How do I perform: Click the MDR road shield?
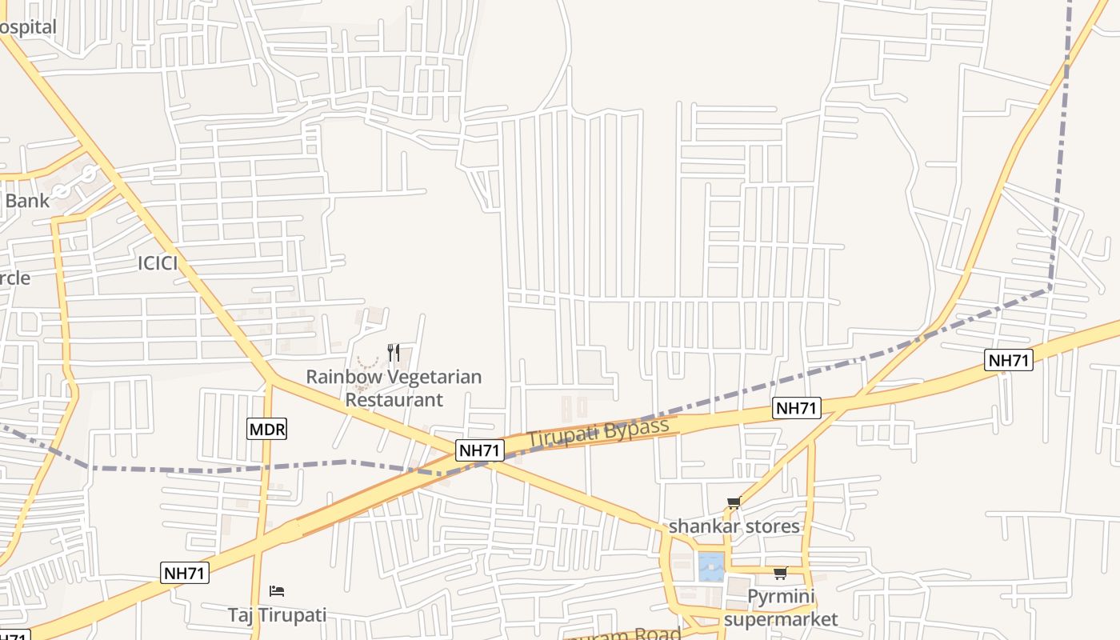click(266, 430)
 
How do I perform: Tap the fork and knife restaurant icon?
click(393, 353)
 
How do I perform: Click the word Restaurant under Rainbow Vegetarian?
click(394, 399)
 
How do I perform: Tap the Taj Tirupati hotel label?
click(277, 615)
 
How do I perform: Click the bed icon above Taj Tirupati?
click(277, 591)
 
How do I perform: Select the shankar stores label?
click(734, 526)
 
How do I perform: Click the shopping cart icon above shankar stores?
click(734, 503)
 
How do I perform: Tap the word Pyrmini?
click(780, 597)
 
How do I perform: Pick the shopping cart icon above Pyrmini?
click(780, 573)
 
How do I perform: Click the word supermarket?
click(781, 619)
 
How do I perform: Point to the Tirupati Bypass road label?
click(598, 433)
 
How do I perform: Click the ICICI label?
click(158, 263)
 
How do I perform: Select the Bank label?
click(26, 201)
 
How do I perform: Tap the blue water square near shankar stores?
click(710, 566)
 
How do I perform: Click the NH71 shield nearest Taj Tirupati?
click(185, 573)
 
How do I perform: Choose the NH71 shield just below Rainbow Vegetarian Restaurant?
click(480, 450)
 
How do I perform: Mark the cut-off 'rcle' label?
click(15, 278)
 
